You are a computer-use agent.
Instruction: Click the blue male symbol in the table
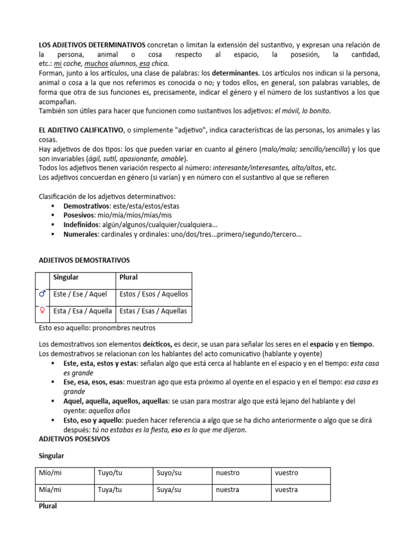(x=42, y=294)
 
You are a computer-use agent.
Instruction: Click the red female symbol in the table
(x=42, y=311)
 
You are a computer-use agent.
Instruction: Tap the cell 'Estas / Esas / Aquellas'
(x=153, y=311)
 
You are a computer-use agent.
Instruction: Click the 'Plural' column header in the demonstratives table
(x=129, y=277)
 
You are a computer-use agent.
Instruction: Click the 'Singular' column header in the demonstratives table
(x=65, y=277)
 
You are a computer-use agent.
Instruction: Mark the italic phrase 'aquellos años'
(x=108, y=410)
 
